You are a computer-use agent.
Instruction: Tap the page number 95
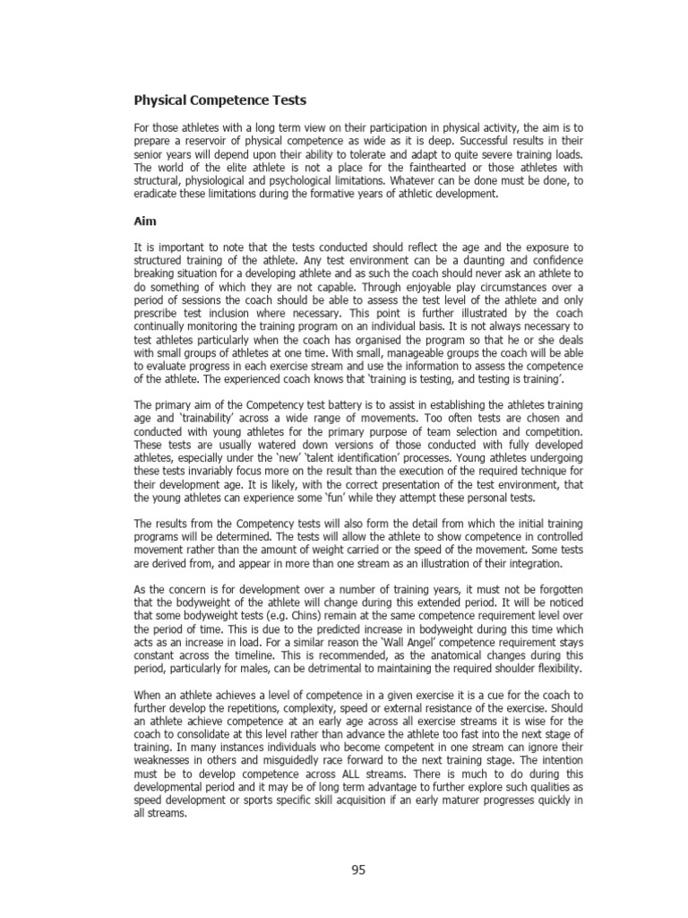(x=358, y=870)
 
